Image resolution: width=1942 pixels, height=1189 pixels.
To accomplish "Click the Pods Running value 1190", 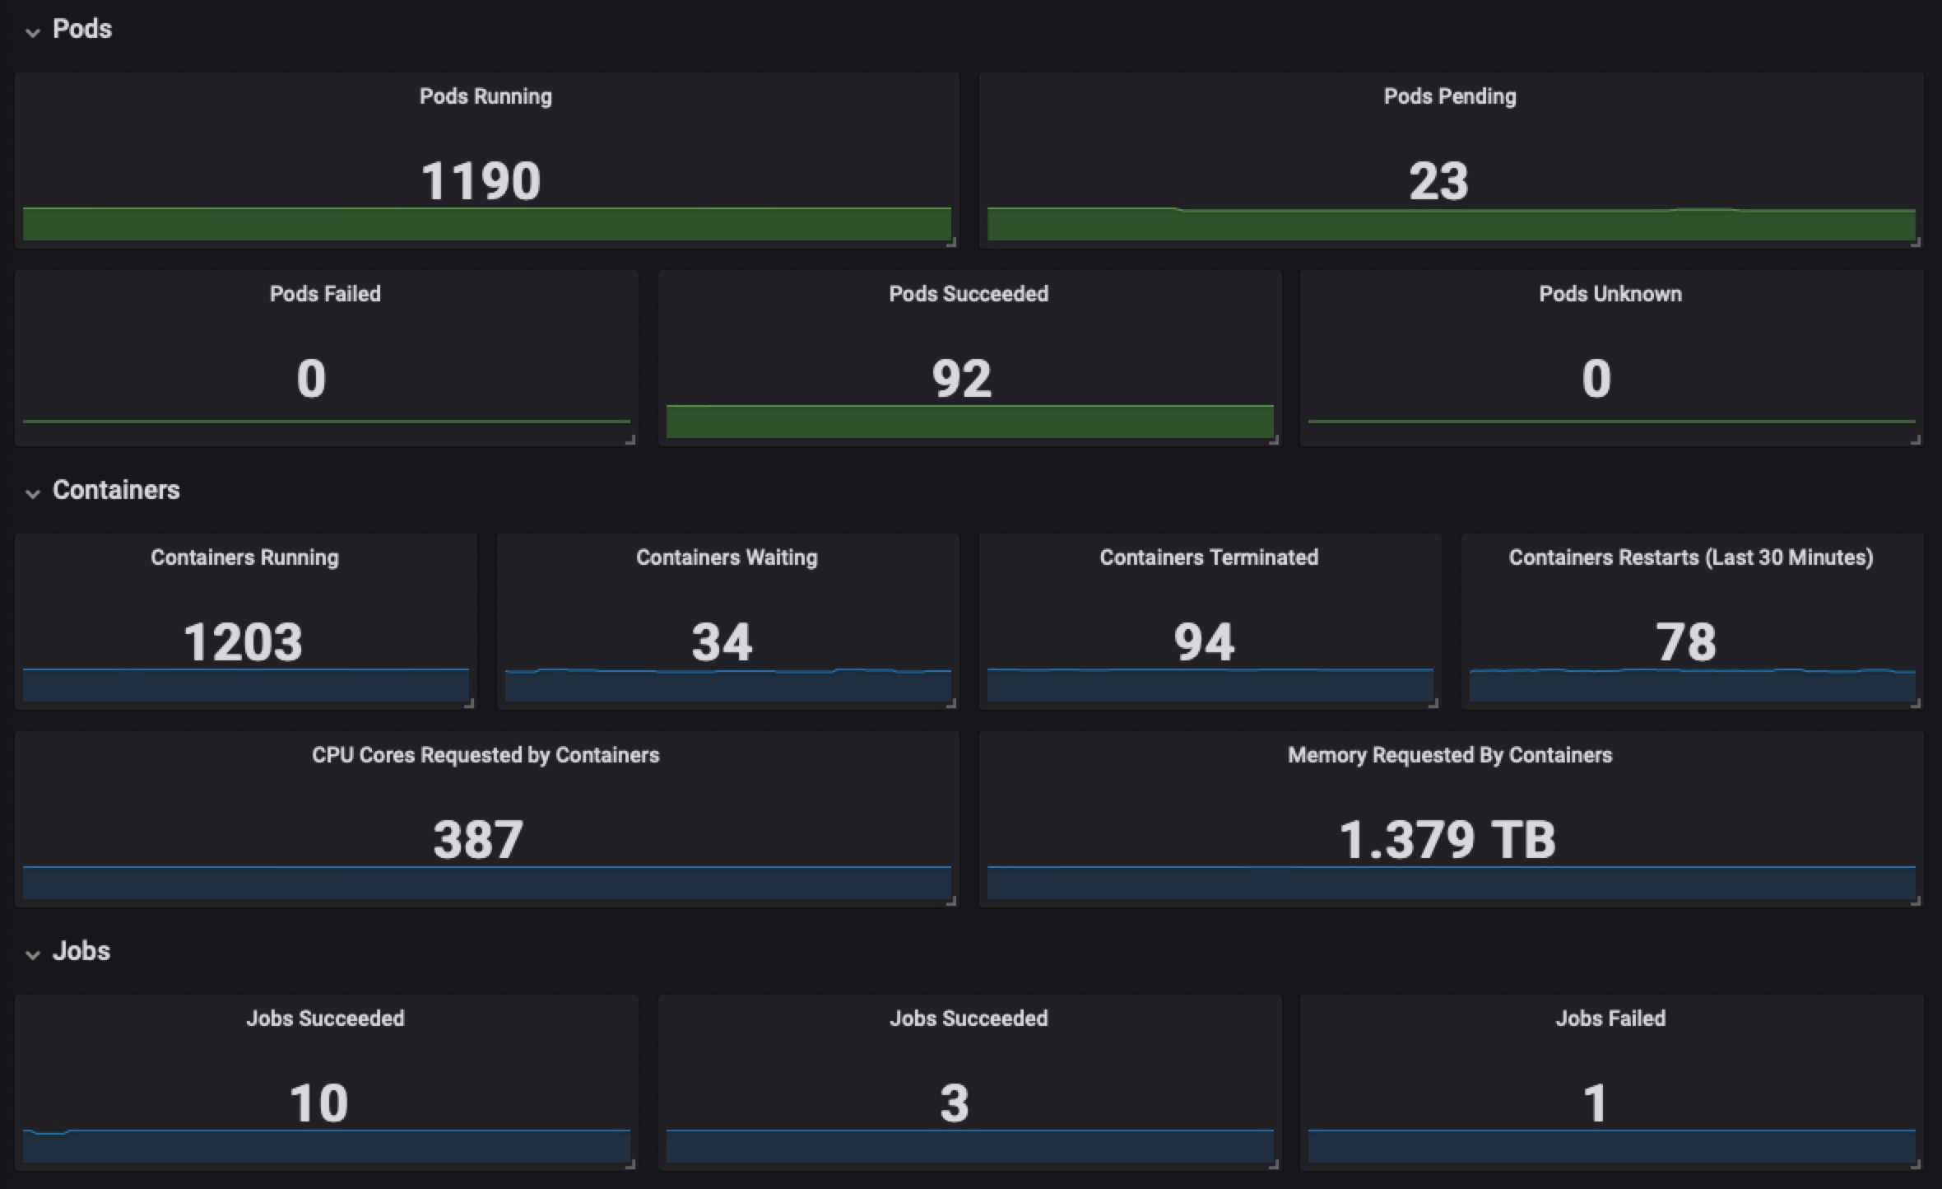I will point(481,181).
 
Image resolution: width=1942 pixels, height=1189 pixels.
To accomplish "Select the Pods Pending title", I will point(1450,96).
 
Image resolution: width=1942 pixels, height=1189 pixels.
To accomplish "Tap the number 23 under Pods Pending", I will point(1438,181).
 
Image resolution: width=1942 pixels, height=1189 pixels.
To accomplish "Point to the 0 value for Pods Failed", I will point(311,379).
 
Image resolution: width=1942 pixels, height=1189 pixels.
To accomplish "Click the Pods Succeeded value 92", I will point(961,379).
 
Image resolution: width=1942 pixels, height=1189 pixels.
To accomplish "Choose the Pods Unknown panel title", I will point(1610,294).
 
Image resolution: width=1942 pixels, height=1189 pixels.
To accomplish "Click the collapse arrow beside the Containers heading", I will point(33,493).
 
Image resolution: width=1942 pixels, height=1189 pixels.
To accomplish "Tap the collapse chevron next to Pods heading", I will point(33,32).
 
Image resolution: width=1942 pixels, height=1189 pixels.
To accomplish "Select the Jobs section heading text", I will point(81,951).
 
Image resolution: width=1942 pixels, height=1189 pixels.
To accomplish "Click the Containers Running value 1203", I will point(243,642).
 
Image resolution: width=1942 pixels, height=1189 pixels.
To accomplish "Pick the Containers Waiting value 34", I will point(722,642).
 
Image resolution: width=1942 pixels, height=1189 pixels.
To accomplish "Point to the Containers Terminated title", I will point(1209,557).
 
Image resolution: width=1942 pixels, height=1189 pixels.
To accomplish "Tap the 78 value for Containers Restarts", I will point(1685,642).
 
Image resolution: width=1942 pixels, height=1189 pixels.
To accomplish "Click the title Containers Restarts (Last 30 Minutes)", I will point(1691,557).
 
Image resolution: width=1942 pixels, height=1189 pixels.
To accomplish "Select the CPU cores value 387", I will point(478,840).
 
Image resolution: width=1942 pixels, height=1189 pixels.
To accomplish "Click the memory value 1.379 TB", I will point(1447,840).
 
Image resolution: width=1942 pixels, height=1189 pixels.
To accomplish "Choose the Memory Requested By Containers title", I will point(1450,755).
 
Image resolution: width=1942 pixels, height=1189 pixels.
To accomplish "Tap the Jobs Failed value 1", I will point(1595,1103).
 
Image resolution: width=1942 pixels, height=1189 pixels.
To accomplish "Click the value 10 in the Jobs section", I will point(318,1103).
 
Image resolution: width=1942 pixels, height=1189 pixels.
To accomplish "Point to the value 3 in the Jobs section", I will point(955,1103).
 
